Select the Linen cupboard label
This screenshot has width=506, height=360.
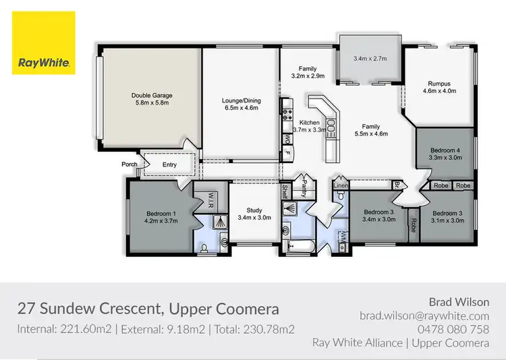click(341, 185)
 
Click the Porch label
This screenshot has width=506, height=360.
click(130, 164)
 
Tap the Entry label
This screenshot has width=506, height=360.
click(169, 164)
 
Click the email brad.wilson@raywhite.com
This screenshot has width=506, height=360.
click(424, 316)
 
